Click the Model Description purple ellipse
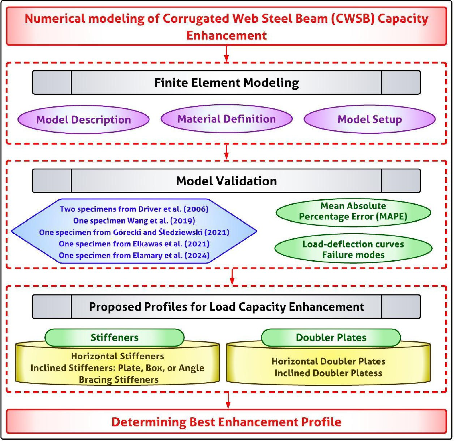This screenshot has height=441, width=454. [x=83, y=120]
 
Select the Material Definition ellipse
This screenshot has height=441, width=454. [x=226, y=119]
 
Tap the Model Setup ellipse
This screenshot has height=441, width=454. [x=370, y=119]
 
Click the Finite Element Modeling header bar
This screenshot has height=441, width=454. [x=226, y=83]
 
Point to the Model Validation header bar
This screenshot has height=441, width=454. [x=226, y=181]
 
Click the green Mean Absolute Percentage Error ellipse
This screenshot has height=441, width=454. [x=353, y=211]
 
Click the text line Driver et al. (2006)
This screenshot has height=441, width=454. [x=134, y=209]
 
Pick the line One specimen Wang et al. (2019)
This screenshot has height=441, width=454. [x=134, y=221]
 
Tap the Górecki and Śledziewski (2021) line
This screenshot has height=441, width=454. [x=134, y=232]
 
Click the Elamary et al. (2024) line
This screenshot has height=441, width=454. [x=134, y=255]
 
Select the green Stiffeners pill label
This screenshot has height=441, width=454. [x=114, y=337]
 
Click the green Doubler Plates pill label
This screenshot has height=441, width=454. [x=331, y=337]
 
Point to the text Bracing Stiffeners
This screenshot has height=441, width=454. [x=119, y=379]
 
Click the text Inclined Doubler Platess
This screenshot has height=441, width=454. [x=328, y=373]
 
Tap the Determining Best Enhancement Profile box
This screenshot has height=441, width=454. [x=226, y=422]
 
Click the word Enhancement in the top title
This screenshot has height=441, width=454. [x=226, y=36]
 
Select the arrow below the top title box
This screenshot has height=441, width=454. [x=226, y=54]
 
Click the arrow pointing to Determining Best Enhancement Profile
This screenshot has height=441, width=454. [x=228, y=401]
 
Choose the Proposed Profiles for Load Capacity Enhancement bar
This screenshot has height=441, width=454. [x=226, y=307]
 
